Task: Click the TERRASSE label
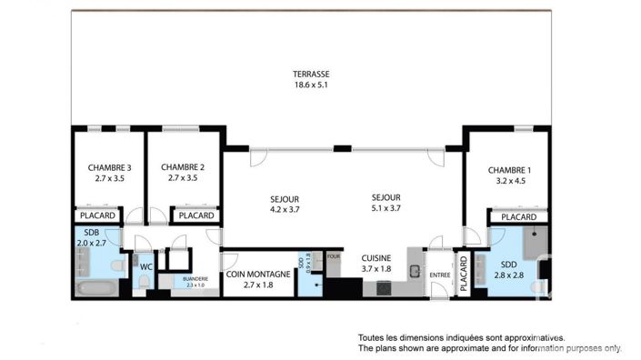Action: (x=311, y=74)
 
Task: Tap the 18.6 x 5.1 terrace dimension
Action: (x=311, y=85)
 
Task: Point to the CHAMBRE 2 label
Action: (x=182, y=167)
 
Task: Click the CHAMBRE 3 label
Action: (x=109, y=167)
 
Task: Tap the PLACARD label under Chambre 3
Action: (x=97, y=215)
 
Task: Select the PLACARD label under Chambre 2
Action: (x=195, y=215)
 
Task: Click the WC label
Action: (x=145, y=266)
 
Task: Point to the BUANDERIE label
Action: (x=195, y=279)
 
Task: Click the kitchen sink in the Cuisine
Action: (x=414, y=271)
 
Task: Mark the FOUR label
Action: (x=333, y=256)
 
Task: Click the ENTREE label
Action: (x=440, y=275)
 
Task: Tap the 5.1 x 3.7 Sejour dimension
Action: (x=386, y=208)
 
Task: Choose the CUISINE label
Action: (x=376, y=257)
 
